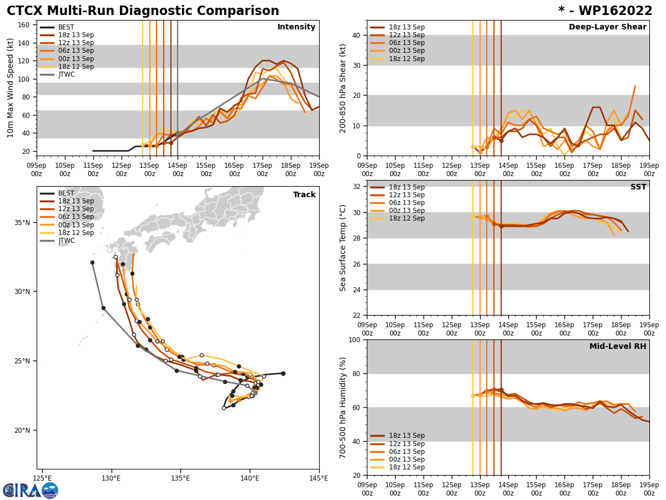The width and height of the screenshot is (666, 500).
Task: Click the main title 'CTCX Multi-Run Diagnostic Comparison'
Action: click(143, 11)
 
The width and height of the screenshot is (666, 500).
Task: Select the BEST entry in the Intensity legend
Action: click(65, 27)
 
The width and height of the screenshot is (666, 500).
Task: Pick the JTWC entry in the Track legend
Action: click(66, 241)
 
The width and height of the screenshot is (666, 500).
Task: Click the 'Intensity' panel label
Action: click(296, 27)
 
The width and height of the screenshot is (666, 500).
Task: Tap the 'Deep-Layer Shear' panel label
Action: click(607, 27)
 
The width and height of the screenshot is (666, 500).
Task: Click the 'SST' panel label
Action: click(638, 187)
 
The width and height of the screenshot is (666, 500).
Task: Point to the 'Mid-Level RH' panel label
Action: click(618, 347)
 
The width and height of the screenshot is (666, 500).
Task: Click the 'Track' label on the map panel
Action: click(304, 195)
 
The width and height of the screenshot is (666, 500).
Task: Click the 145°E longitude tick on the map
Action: click(319, 478)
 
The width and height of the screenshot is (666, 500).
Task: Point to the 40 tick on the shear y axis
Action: click(355, 36)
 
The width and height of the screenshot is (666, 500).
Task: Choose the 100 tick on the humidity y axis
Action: click(353, 340)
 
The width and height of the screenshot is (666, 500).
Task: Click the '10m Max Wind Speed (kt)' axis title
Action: click(11, 88)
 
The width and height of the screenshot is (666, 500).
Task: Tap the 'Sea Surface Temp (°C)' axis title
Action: click(343, 248)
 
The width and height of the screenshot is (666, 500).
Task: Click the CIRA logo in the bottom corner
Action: click(31, 490)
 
